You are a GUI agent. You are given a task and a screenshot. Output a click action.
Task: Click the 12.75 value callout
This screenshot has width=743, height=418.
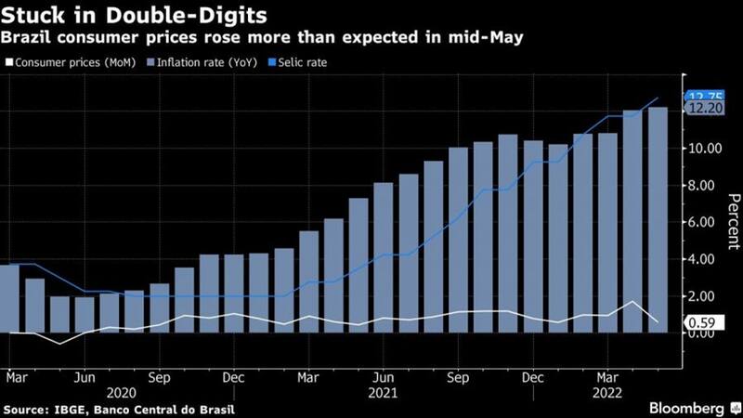coord(698,97)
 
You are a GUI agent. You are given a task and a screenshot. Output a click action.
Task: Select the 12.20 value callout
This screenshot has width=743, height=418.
coord(699,109)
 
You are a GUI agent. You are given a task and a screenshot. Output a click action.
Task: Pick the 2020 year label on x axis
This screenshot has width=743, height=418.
coord(122,393)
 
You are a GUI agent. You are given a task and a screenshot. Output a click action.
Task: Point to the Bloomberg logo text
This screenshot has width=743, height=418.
coord(687,409)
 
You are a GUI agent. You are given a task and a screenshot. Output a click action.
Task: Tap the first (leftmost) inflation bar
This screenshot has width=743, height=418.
coord(9,298)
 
